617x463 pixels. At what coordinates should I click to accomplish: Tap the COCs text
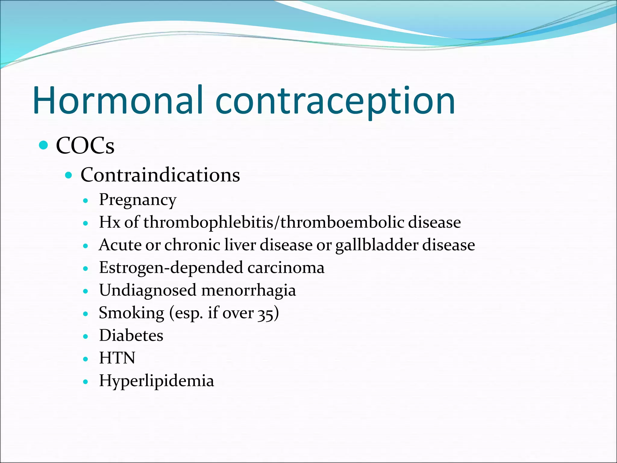(85, 146)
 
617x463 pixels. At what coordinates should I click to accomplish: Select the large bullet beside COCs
(44, 145)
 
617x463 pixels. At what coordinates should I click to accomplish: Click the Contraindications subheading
(160, 175)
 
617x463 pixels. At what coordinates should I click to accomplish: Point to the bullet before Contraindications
(69, 175)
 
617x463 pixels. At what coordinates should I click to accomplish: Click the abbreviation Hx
(110, 222)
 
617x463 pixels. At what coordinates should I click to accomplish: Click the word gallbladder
(377, 245)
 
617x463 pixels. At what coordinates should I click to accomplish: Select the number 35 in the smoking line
(265, 313)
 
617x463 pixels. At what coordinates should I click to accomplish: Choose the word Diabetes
(131, 335)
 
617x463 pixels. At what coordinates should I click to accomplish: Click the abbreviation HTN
(117, 358)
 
